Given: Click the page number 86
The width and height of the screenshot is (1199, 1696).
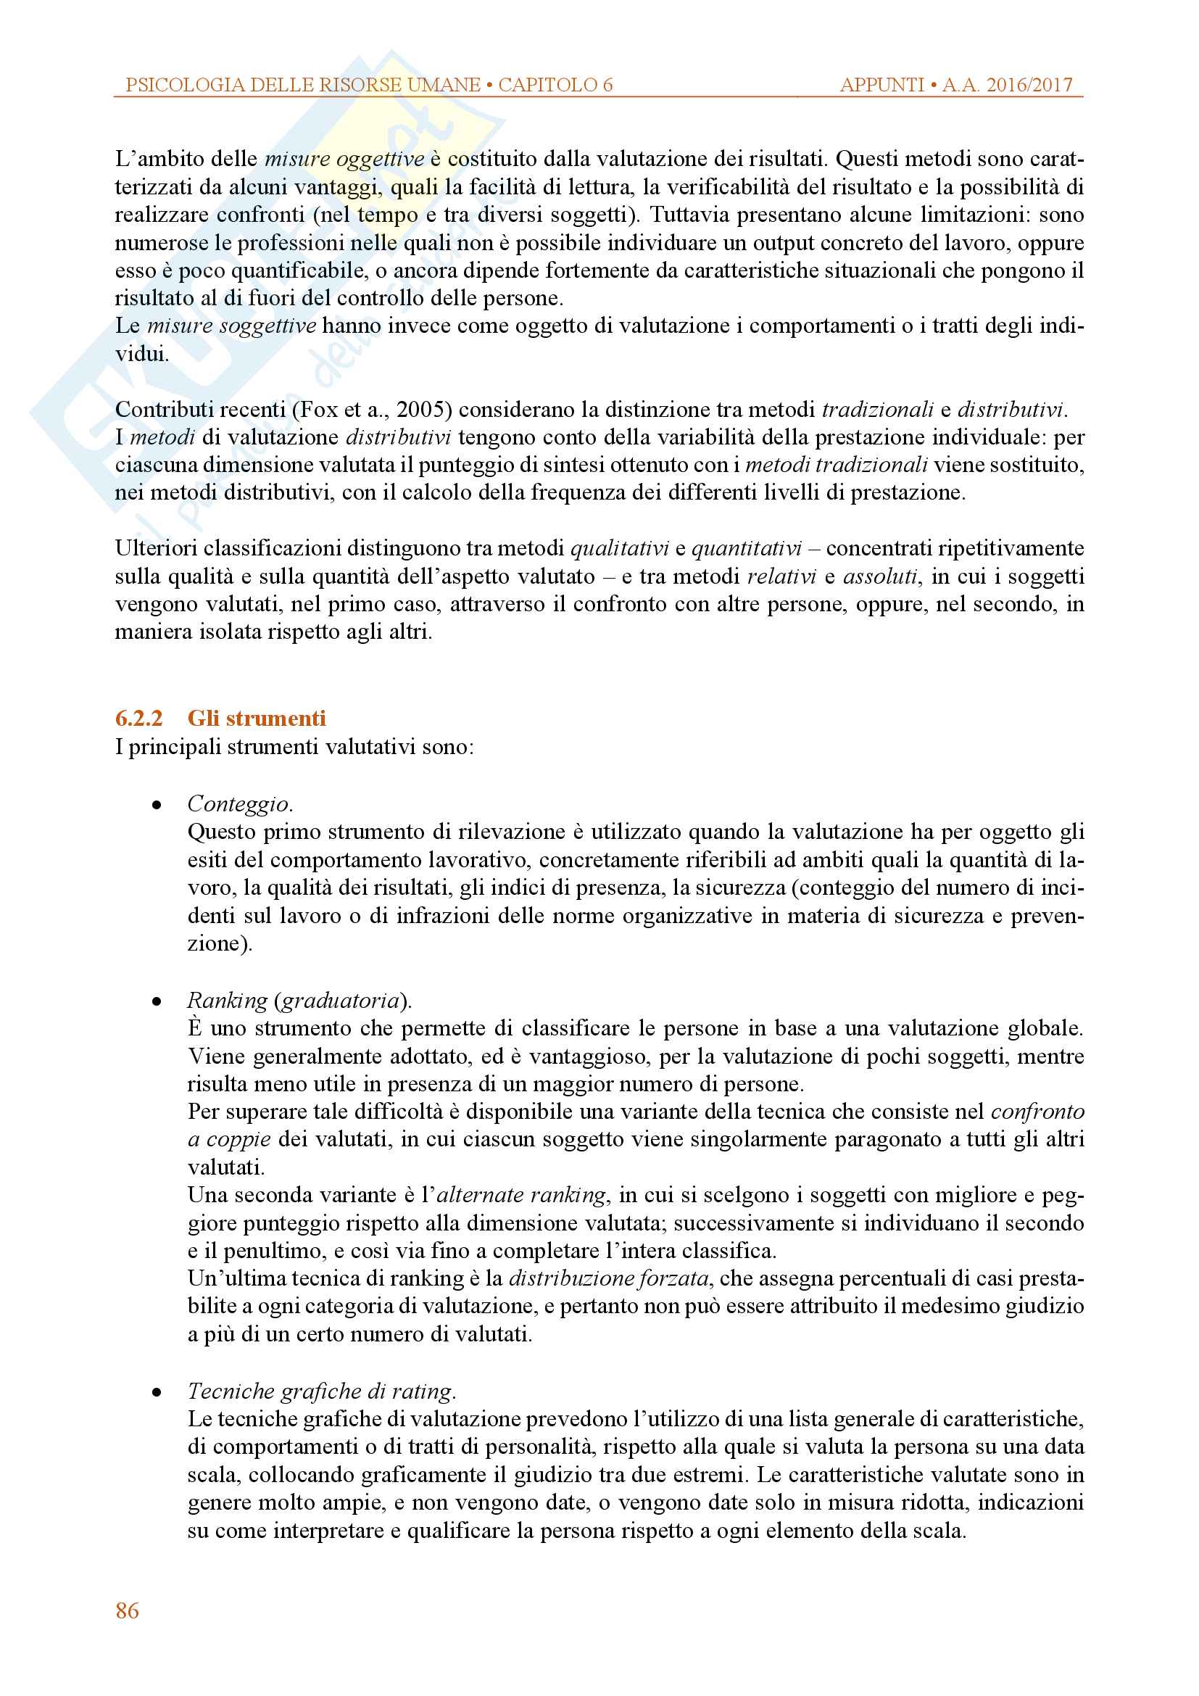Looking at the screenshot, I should (127, 1610).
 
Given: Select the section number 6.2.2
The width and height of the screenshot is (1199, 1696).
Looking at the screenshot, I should (138, 719).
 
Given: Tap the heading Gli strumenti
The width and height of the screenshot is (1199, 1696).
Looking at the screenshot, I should (256, 719).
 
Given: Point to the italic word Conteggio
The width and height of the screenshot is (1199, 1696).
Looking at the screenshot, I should (239, 803).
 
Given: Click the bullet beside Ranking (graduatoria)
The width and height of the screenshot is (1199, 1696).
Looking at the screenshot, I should (157, 1001).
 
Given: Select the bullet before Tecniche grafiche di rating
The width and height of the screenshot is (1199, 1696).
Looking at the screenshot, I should (157, 1392).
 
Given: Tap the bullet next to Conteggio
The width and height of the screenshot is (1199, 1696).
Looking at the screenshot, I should (157, 805).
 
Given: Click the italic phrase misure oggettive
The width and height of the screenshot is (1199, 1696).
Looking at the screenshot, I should (344, 159).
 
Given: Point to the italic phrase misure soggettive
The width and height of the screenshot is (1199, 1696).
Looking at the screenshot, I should (232, 326).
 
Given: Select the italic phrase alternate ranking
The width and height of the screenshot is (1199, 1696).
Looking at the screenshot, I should (521, 1195).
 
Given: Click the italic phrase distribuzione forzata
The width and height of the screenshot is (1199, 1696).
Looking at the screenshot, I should (609, 1278).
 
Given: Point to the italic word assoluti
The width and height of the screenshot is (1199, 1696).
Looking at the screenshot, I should (881, 576).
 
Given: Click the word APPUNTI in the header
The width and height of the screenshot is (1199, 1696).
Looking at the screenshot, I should (882, 85).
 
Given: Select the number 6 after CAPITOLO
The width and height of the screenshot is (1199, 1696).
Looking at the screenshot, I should (607, 85).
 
